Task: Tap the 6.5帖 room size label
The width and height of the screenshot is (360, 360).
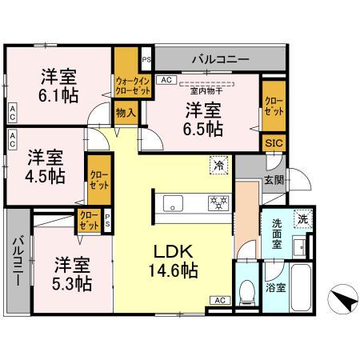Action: click(x=205, y=127)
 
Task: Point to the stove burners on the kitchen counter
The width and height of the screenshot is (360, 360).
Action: click(x=217, y=202)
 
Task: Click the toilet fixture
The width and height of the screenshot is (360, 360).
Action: click(x=246, y=292)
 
